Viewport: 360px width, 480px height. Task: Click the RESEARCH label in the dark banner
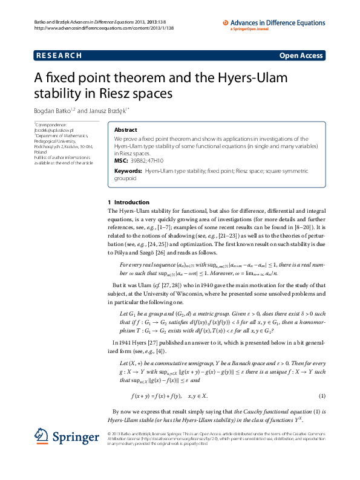59,56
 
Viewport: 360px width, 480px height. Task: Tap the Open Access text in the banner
301,56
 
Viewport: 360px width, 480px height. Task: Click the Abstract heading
126,130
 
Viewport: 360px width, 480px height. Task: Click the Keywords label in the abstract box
128,171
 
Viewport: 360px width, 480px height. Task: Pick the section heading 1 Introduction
133,202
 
